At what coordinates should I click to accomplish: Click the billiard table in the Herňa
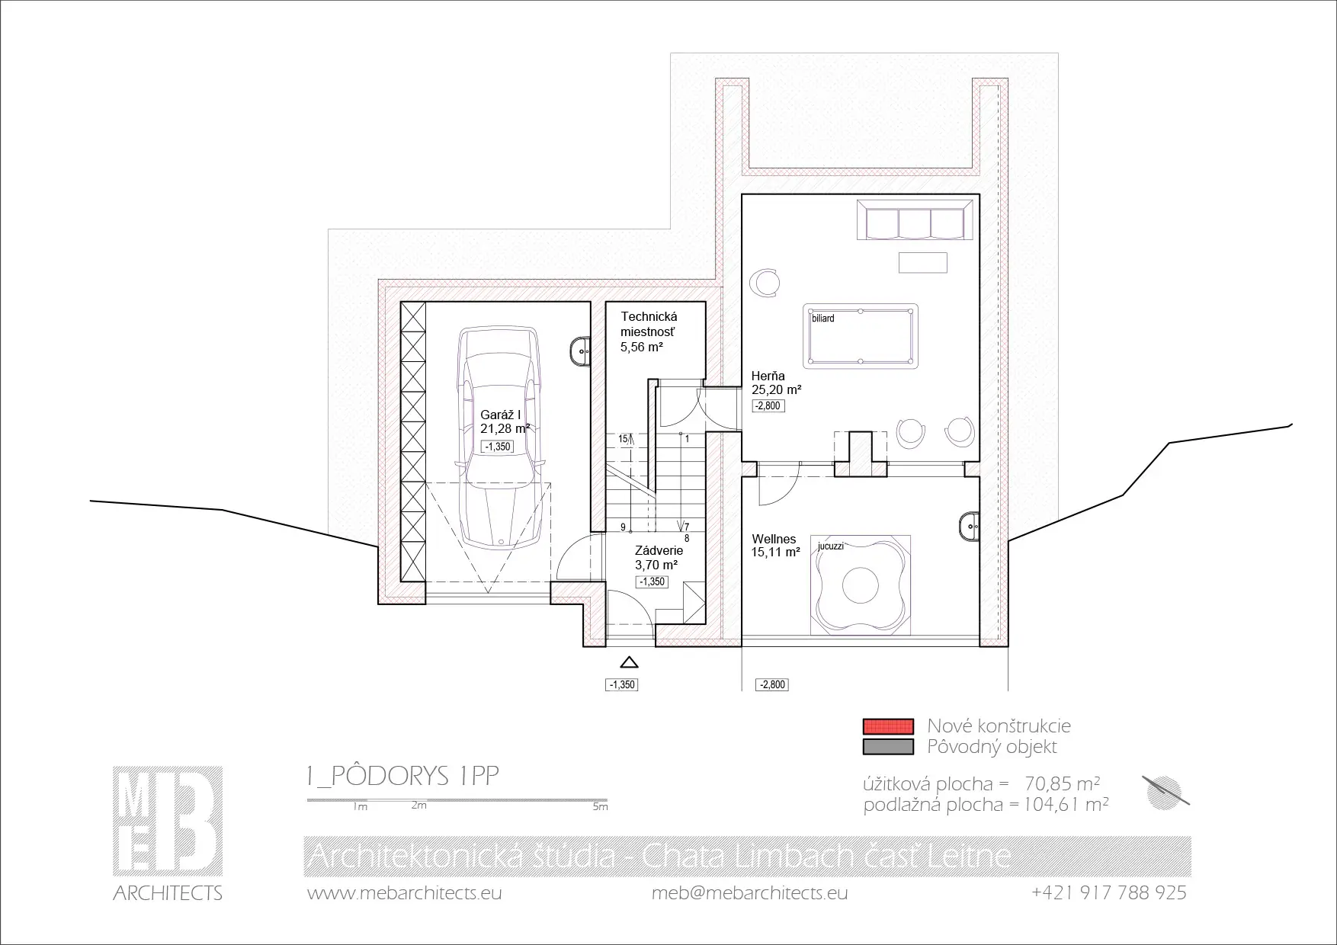coord(860,336)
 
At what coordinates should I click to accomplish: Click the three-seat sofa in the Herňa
coord(915,220)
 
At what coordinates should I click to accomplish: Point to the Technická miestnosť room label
coord(649,324)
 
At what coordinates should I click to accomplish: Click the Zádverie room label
coord(659,550)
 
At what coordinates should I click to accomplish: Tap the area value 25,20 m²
coord(776,390)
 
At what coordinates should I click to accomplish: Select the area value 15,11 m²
coord(775,553)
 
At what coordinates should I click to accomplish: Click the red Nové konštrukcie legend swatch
coord(888,726)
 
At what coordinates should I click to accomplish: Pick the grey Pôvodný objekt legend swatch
coord(888,746)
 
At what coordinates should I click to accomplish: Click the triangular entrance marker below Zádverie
coord(630,663)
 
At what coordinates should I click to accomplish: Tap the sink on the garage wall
coord(580,351)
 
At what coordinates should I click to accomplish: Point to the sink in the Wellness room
coord(968,526)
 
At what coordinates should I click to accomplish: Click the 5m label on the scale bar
coord(600,806)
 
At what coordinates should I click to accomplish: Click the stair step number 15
coord(624,439)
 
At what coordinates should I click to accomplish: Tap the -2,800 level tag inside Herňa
coord(768,406)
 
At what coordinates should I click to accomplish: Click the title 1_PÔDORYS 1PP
coord(402,776)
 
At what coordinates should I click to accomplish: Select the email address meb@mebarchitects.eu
coord(749,893)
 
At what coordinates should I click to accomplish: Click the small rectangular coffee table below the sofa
coord(923,262)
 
